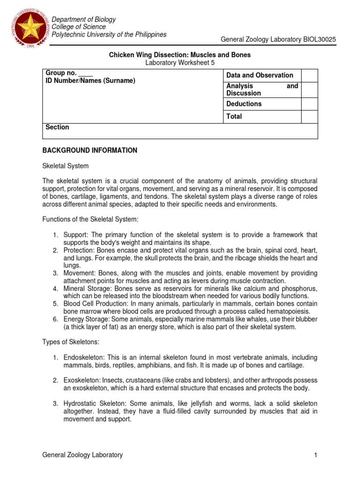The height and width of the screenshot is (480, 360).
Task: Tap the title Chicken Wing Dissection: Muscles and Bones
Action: coord(180,55)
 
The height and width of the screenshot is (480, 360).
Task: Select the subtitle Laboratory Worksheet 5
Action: coord(180,63)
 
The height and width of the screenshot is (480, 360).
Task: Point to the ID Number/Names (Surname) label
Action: coord(90,81)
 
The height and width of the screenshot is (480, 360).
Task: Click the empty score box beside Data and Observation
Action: coord(309,75)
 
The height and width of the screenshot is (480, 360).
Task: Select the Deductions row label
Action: coord(244,104)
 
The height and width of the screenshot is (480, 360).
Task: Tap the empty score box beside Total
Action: coord(309,116)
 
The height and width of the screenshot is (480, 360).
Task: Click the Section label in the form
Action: coord(57,127)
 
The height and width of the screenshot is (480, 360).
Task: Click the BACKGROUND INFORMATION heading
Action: coord(90,150)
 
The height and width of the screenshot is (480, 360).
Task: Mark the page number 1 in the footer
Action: coord(316,455)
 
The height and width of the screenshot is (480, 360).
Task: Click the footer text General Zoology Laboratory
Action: coord(82,455)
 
